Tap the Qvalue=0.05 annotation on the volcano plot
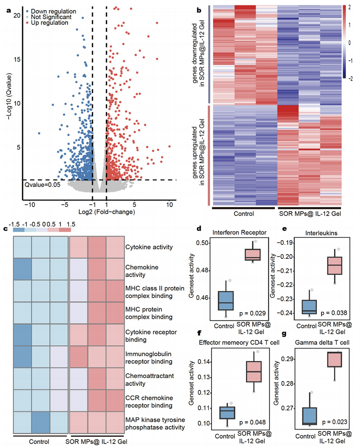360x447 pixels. click(x=40, y=185)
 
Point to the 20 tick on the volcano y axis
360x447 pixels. click(x=16, y=15)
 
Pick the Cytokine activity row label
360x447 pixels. click(x=149, y=247)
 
